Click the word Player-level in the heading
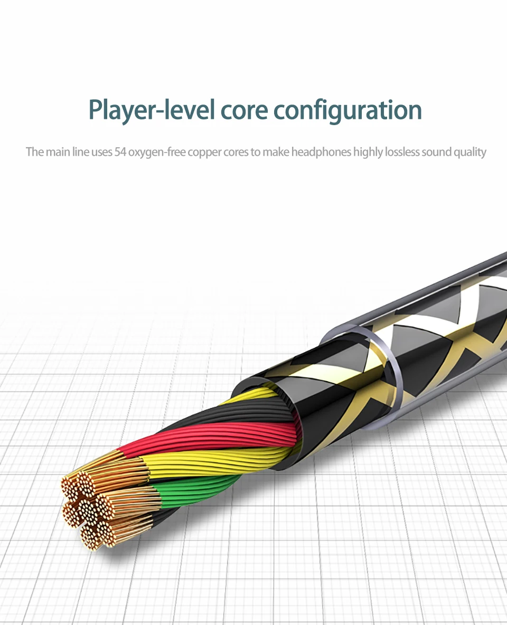152,110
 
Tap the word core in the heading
243,110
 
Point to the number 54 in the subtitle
120,152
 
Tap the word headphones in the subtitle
321,152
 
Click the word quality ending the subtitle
470,152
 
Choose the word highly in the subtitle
368,152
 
